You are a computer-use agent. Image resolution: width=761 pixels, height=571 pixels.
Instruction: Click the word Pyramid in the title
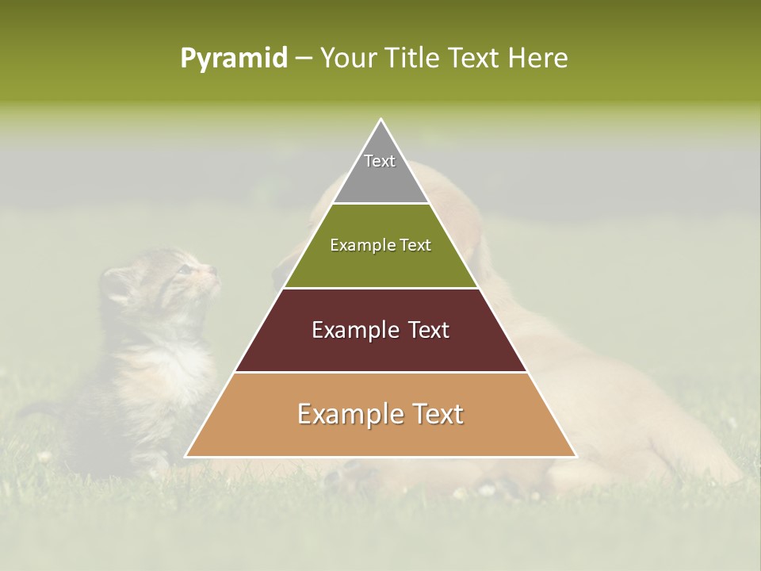233,58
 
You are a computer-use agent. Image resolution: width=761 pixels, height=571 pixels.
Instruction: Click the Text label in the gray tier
380,161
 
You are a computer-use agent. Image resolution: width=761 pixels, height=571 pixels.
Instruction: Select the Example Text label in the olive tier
380,245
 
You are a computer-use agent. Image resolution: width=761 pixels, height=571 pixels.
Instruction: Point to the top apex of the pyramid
381,120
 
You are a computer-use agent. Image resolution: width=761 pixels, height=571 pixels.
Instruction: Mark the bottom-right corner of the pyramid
576,456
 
